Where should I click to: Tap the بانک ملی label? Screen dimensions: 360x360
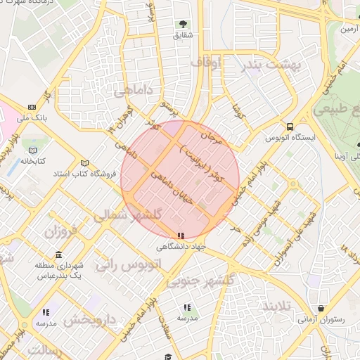click(33, 118)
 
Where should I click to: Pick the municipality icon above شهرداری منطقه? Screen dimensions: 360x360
click(58, 254)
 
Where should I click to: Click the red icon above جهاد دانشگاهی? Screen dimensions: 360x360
click(181, 236)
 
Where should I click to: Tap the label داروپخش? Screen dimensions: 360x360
click(91, 320)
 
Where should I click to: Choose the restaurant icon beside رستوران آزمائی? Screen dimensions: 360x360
click(321, 307)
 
